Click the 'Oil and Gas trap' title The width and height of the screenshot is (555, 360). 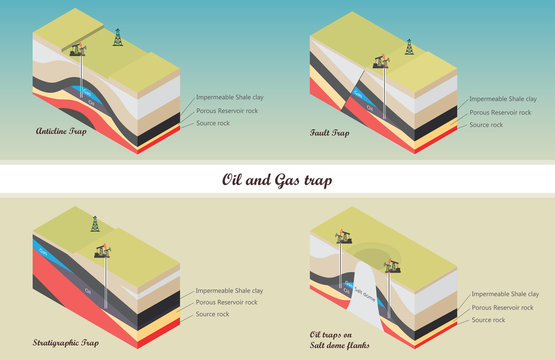277,181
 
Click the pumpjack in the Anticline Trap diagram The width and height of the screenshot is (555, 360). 79,49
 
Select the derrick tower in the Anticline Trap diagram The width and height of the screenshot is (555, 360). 118,38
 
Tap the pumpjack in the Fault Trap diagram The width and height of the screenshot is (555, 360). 381,61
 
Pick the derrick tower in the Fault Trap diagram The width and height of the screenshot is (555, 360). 408,47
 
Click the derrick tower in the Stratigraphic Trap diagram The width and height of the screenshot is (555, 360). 96,224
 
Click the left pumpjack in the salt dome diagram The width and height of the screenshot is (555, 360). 343,236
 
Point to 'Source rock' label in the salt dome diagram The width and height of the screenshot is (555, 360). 490,321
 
